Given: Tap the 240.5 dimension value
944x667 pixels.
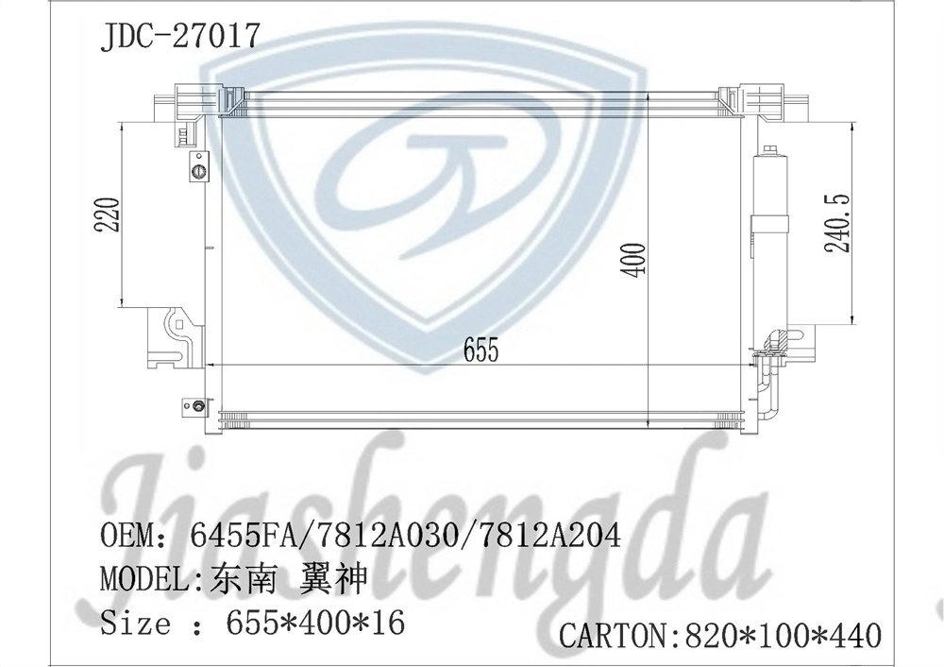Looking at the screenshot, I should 837,223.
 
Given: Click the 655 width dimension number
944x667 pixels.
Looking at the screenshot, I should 480,351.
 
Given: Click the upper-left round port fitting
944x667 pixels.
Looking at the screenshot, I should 198,171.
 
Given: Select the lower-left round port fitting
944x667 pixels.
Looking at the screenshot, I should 198,407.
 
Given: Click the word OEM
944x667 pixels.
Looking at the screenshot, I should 127,537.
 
